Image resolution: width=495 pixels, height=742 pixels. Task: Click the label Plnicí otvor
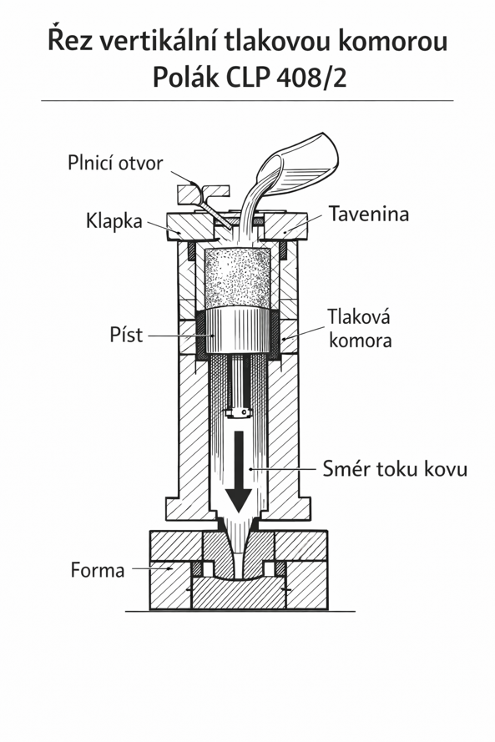point(115,164)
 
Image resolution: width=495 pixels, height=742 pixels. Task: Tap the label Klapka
point(114,221)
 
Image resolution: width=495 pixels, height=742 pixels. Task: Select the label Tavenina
point(369,214)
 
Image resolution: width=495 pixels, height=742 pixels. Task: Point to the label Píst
point(126,335)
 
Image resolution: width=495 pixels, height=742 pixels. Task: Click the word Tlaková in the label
point(359,316)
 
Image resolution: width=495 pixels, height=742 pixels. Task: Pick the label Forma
point(98,570)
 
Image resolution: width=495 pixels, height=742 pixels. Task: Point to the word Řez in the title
point(70,41)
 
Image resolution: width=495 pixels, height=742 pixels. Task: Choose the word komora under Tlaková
point(360,341)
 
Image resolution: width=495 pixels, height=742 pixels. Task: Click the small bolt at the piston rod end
point(239,413)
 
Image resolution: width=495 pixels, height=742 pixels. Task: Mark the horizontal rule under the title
point(247,101)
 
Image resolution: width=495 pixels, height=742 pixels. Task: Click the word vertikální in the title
point(159,42)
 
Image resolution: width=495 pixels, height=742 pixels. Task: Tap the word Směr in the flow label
point(348,468)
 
